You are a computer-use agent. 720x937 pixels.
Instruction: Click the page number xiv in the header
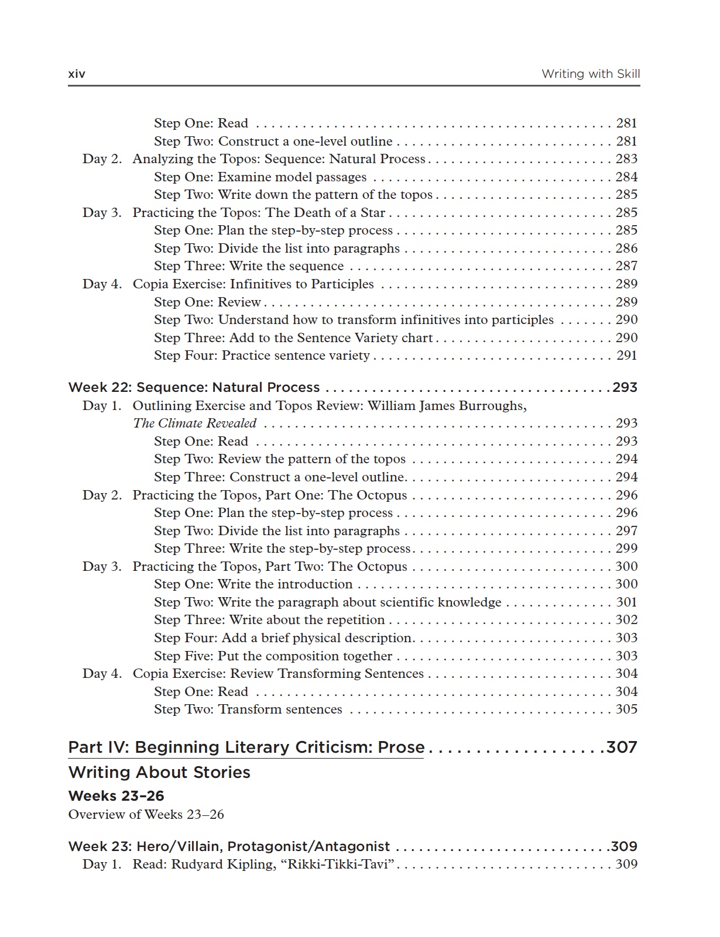pyautogui.click(x=77, y=74)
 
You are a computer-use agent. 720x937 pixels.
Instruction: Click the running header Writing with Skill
pyautogui.click(x=590, y=74)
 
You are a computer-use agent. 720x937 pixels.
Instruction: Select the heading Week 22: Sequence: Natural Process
pyautogui.click(x=194, y=387)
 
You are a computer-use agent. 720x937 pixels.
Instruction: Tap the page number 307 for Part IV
pyautogui.click(x=621, y=747)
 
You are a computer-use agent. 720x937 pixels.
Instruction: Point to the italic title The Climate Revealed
pyautogui.click(x=194, y=423)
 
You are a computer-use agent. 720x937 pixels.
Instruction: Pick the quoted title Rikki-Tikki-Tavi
pyautogui.click(x=338, y=864)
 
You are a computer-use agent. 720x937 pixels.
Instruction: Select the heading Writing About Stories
pyautogui.click(x=159, y=772)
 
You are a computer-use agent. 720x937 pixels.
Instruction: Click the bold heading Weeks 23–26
pyautogui.click(x=116, y=795)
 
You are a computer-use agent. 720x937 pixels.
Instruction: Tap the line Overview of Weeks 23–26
pyautogui.click(x=146, y=814)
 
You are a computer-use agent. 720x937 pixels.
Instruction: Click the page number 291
pyautogui.click(x=626, y=355)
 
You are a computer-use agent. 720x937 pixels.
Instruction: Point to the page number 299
pyautogui.click(x=626, y=548)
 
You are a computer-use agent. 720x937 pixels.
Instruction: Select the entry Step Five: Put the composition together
pyautogui.click(x=273, y=656)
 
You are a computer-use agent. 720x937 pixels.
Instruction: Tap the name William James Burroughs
pyautogui.click(x=447, y=405)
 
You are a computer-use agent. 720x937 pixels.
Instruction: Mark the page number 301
pyautogui.click(x=626, y=602)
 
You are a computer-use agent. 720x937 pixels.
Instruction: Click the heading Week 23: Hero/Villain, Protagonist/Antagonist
pyautogui.click(x=229, y=846)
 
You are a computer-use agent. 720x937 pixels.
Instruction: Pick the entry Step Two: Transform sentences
pyautogui.click(x=248, y=709)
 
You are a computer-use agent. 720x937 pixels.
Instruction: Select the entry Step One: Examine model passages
pyautogui.click(x=260, y=177)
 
